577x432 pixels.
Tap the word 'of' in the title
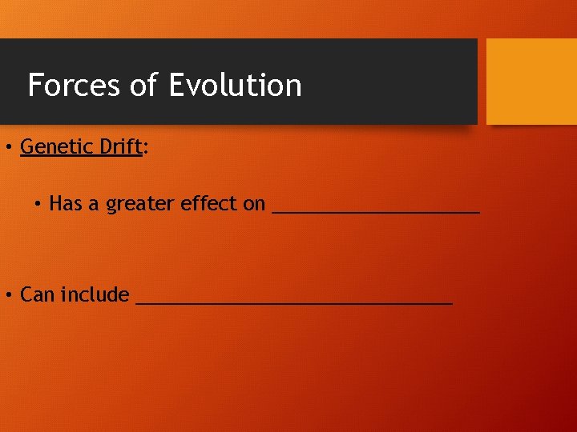tap(143, 85)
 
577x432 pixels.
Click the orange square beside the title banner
tap(531, 81)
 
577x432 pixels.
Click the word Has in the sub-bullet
tap(66, 204)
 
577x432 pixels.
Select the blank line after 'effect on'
tap(376, 212)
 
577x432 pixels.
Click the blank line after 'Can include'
tap(294, 303)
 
